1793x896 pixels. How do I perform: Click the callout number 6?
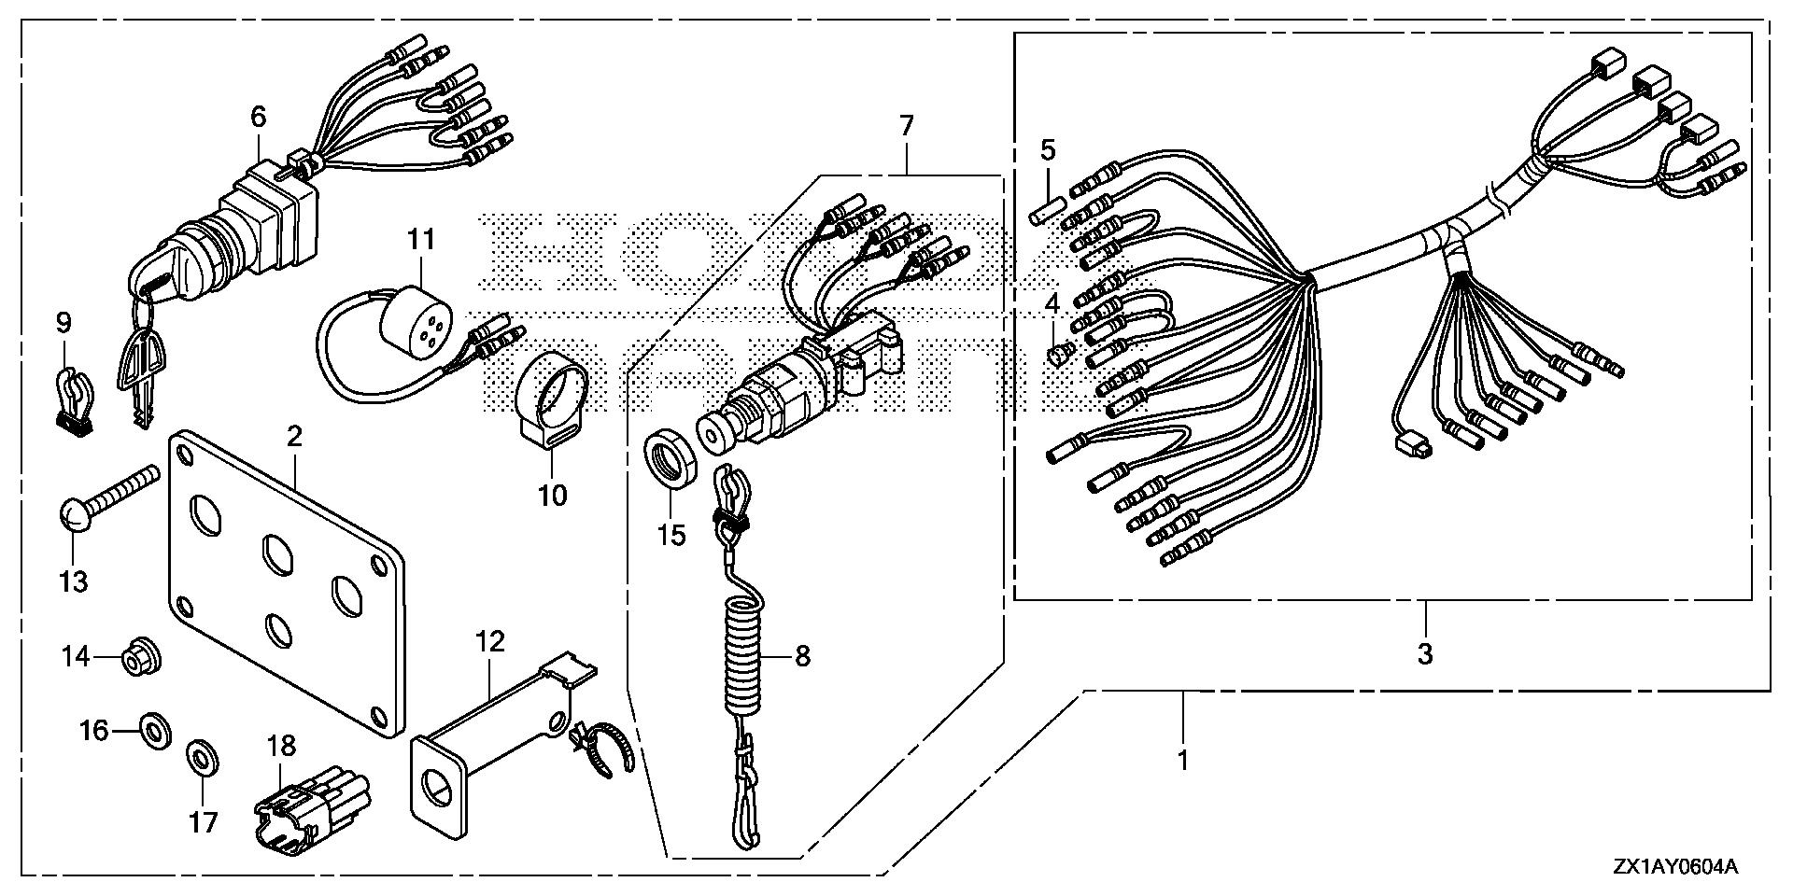point(258,117)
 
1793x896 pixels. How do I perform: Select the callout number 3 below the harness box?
point(1424,653)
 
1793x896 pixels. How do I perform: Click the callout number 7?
point(908,126)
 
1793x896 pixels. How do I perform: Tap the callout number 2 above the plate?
point(295,436)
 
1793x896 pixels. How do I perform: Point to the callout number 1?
point(1182,761)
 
